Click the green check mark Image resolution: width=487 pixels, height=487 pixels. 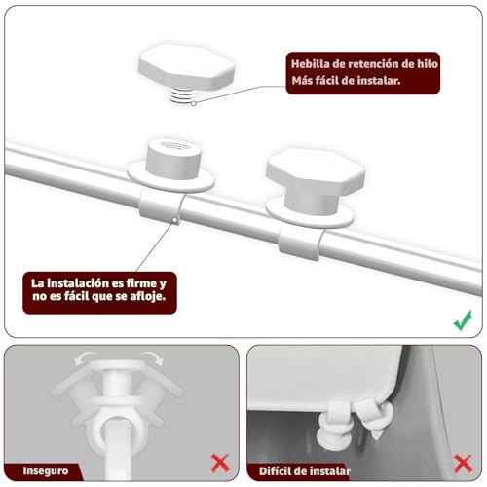pyautogui.click(x=463, y=320)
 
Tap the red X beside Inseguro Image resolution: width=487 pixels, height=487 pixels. pyautogui.click(x=220, y=464)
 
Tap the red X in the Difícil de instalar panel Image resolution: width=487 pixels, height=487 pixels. pyautogui.click(x=463, y=464)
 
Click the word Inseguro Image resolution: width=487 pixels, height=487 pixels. pyautogui.click(x=46, y=470)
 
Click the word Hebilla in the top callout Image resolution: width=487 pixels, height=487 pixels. pyautogui.click(x=310, y=64)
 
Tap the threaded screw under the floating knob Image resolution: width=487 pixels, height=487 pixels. pyautogui.click(x=182, y=95)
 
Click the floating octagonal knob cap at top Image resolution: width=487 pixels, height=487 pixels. pyautogui.click(x=186, y=66)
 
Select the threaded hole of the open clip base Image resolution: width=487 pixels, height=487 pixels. pyautogui.click(x=172, y=145)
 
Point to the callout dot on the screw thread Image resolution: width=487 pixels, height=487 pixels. pyautogui.click(x=194, y=103)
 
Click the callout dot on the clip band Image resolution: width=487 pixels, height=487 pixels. pyautogui.click(x=175, y=221)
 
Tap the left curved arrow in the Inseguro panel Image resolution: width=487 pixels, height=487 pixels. pyautogui.click(x=84, y=358)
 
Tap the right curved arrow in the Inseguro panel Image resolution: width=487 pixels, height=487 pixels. pyautogui.click(x=153, y=357)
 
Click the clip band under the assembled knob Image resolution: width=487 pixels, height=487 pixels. pyautogui.click(x=300, y=242)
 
